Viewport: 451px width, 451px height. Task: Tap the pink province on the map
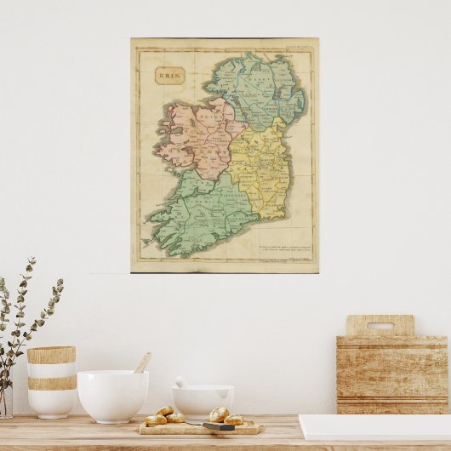[197, 136]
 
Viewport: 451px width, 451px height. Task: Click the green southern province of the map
[204, 217]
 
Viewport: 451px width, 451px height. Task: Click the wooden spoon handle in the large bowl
[142, 363]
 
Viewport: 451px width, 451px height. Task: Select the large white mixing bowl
[112, 396]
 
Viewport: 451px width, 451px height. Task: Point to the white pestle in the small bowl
[182, 383]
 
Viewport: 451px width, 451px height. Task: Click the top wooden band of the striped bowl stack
[51, 355]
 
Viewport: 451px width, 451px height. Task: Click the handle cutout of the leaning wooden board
[380, 325]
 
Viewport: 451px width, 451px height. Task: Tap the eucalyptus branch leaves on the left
[26, 315]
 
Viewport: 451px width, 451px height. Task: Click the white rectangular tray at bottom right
[374, 427]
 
